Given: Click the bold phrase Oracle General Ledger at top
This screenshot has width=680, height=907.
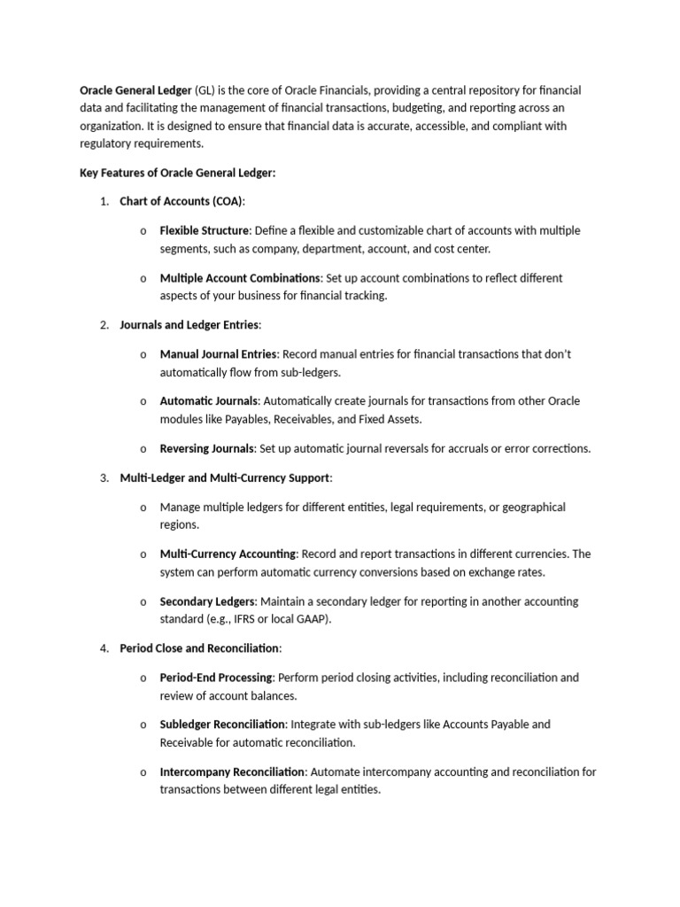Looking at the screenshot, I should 135,90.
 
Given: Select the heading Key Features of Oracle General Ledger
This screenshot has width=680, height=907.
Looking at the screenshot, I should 177,173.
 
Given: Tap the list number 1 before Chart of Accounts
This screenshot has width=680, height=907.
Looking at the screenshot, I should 104,201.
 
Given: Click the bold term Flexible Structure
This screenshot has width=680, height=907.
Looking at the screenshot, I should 204,230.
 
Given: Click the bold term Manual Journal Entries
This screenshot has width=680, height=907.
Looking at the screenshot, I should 218,354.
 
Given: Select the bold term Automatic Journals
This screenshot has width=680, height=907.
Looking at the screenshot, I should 208,401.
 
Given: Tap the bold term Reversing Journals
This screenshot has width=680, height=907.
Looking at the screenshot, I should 207,448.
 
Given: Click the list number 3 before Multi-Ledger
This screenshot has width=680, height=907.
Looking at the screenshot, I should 104,478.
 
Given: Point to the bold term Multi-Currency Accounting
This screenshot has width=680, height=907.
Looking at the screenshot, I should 228,554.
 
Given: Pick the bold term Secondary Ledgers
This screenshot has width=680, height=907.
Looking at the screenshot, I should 206,601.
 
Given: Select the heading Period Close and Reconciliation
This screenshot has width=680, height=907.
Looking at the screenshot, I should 199,648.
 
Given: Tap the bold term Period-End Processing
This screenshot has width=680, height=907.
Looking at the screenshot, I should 215,678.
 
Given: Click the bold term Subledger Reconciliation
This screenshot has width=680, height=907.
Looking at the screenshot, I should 222,725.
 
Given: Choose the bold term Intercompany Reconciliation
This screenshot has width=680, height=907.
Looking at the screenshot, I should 232,772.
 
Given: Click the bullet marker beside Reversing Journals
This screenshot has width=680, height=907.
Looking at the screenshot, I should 143,449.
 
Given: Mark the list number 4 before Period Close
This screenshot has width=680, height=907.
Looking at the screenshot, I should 104,648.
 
